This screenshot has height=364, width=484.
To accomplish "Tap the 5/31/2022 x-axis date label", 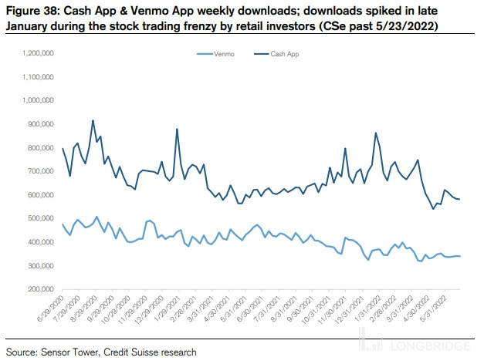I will [x=432, y=309].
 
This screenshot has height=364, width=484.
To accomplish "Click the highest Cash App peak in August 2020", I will [x=93, y=120].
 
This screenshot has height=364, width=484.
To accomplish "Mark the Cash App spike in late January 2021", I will [x=178, y=130].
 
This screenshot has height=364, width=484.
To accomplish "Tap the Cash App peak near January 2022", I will [x=376, y=133].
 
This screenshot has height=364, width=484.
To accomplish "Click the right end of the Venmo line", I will [x=461, y=256].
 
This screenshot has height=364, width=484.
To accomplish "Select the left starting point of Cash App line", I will [x=62, y=148].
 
